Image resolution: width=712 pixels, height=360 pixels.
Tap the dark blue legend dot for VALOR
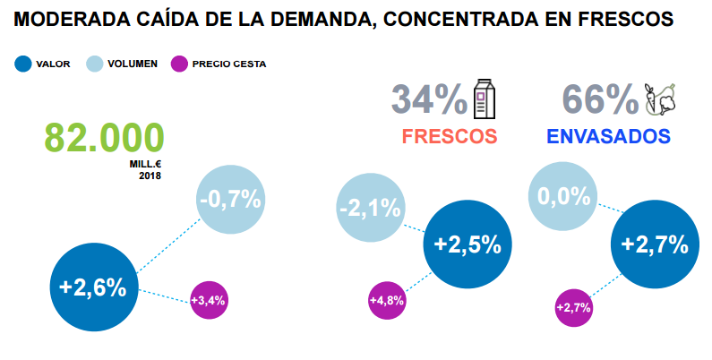coord(23,64)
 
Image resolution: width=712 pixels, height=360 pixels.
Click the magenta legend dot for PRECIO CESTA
coord(179,64)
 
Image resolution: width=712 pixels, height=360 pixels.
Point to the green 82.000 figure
coord(105,138)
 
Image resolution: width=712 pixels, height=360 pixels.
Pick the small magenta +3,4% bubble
coord(208,300)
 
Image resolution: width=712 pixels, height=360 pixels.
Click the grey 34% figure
coord(429,99)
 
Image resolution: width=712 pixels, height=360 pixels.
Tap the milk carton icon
coord(485,99)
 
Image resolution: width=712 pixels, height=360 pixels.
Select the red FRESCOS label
coord(450,137)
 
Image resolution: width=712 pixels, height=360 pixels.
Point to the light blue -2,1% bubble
coord(371,209)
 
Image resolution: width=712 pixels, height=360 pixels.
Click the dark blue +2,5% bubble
coord(467,244)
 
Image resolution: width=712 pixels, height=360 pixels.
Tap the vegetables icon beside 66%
coord(660,99)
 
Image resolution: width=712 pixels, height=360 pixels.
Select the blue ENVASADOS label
coord(608,137)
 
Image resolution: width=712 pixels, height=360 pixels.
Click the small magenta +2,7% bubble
coord(573,307)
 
